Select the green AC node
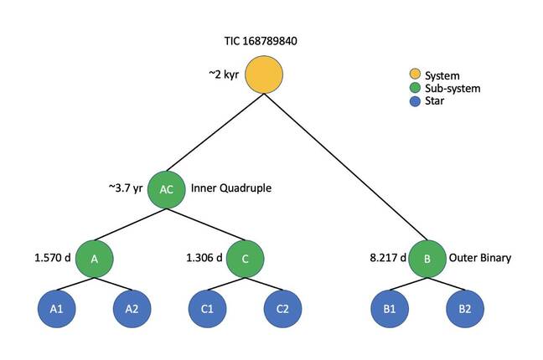[x=166, y=189]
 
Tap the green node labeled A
[x=95, y=259]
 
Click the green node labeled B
[x=427, y=259]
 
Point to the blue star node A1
[x=56, y=309]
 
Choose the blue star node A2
[x=132, y=309]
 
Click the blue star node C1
[x=207, y=309]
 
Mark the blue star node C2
[x=282, y=309]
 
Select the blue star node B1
[x=390, y=309]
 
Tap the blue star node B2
[x=464, y=309]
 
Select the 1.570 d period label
[x=52, y=259]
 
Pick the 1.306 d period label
[x=204, y=259]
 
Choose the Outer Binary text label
[x=481, y=259]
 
